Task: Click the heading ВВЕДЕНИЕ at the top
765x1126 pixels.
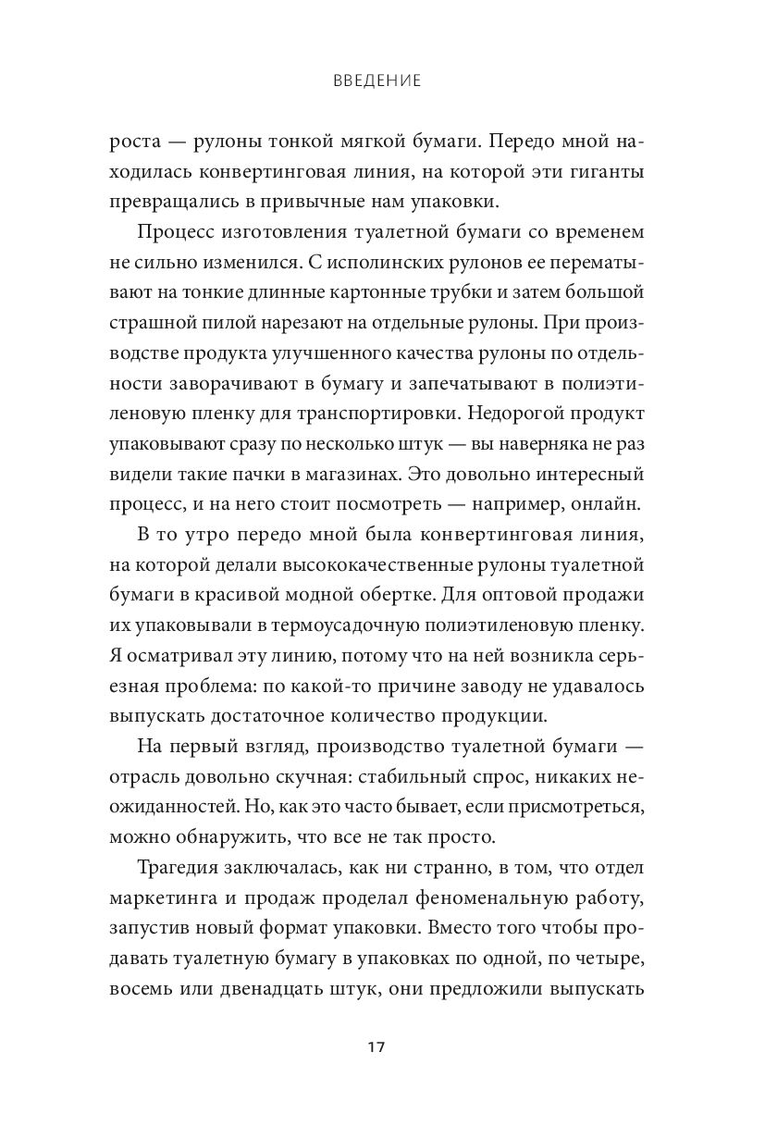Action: tap(376, 81)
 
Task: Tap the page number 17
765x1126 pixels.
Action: tap(376, 1047)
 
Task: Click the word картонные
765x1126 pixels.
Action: tap(353, 294)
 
